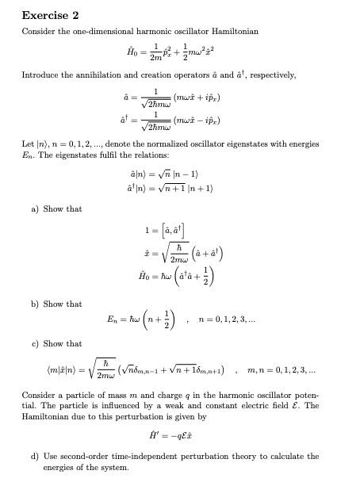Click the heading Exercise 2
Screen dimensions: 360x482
50,15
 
